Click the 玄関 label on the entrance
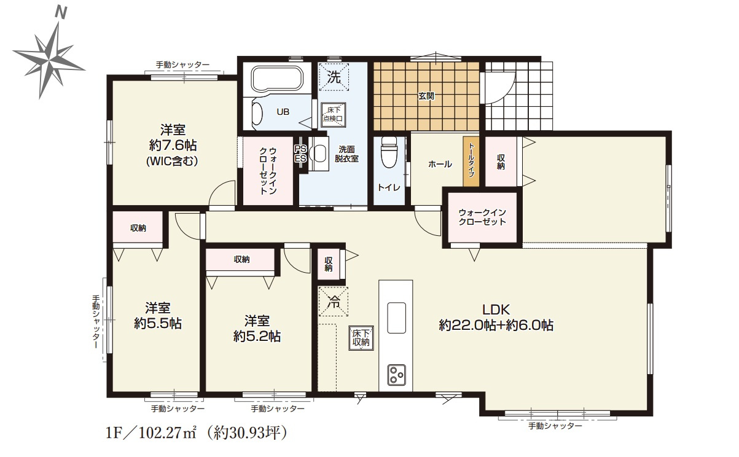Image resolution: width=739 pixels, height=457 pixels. click(426, 96)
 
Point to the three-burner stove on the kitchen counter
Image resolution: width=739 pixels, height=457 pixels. click(396, 373)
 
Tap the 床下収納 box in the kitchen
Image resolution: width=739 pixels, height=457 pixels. click(359, 338)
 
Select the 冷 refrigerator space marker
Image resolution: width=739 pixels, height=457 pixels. click(334, 302)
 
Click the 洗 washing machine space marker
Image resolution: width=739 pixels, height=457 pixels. click(334, 77)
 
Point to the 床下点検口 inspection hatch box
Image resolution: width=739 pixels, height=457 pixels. click(334, 114)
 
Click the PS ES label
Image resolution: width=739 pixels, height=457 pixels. click(300, 154)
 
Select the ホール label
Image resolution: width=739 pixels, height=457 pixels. click(440, 165)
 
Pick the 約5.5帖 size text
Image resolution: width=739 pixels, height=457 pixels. click(157, 323)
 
